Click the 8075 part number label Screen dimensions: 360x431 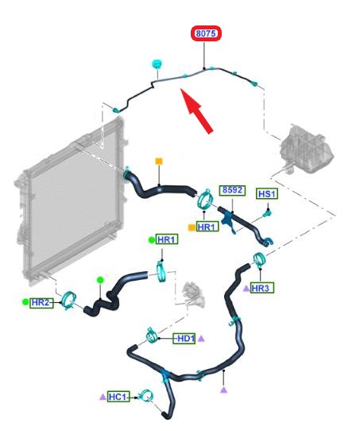[x=206, y=33]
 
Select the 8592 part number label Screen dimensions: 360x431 [x=232, y=190]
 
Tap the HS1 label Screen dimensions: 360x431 [x=267, y=194]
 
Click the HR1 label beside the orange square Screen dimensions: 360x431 [x=207, y=227]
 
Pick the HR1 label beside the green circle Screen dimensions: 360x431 [x=167, y=239]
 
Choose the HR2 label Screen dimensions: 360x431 [x=42, y=303]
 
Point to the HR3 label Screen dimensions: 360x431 [x=261, y=289]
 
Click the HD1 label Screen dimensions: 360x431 [x=184, y=339]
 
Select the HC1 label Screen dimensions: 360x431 [x=118, y=397]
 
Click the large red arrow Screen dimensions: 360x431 [x=196, y=111]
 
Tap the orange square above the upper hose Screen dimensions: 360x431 [x=159, y=161]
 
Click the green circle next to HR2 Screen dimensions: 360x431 [x=25, y=302]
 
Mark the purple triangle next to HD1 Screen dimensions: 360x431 [x=201, y=339]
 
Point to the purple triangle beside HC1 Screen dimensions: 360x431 [x=103, y=397]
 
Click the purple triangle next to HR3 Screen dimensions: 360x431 [x=246, y=289]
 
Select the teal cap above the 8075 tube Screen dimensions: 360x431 [x=157, y=64]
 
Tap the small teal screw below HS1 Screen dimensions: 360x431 [x=267, y=213]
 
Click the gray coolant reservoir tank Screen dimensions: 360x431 [x=306, y=149]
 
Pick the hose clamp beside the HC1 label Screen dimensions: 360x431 [x=146, y=396]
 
